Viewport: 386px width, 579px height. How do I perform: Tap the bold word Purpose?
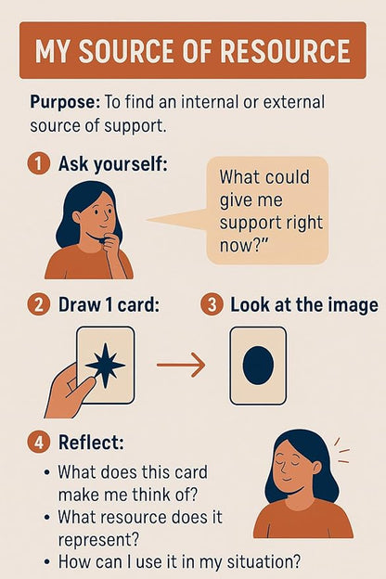59,102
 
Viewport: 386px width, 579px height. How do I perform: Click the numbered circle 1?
38,164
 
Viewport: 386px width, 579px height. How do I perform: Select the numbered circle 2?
38,305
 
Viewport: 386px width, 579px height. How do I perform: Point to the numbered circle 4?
38,443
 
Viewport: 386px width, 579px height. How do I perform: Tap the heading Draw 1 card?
109,305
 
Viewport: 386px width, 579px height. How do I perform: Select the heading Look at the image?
303,305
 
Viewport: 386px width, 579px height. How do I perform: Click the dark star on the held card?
105,365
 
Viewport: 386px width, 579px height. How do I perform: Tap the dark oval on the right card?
258,365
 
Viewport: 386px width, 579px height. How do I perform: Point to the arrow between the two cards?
180,365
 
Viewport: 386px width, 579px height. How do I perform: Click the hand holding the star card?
65,390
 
